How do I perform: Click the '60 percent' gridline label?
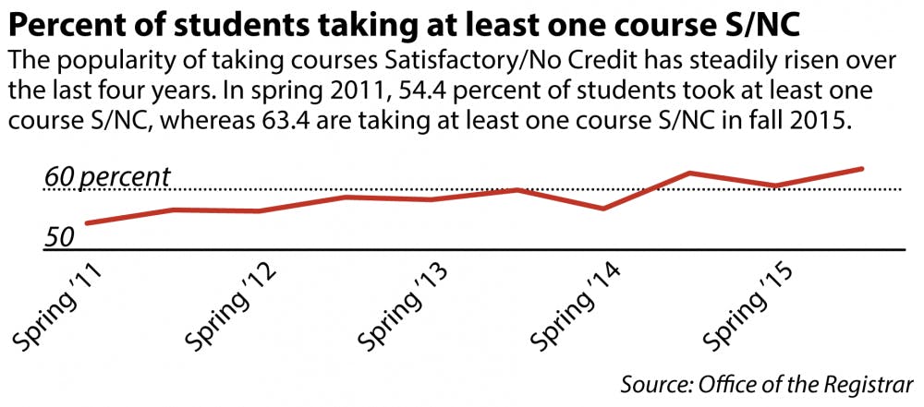(107, 176)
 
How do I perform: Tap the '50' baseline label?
(58, 237)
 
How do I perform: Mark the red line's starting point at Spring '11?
(86, 223)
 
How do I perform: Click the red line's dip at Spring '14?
(602, 209)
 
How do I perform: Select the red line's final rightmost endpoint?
(862, 169)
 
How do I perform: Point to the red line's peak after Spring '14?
(689, 173)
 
